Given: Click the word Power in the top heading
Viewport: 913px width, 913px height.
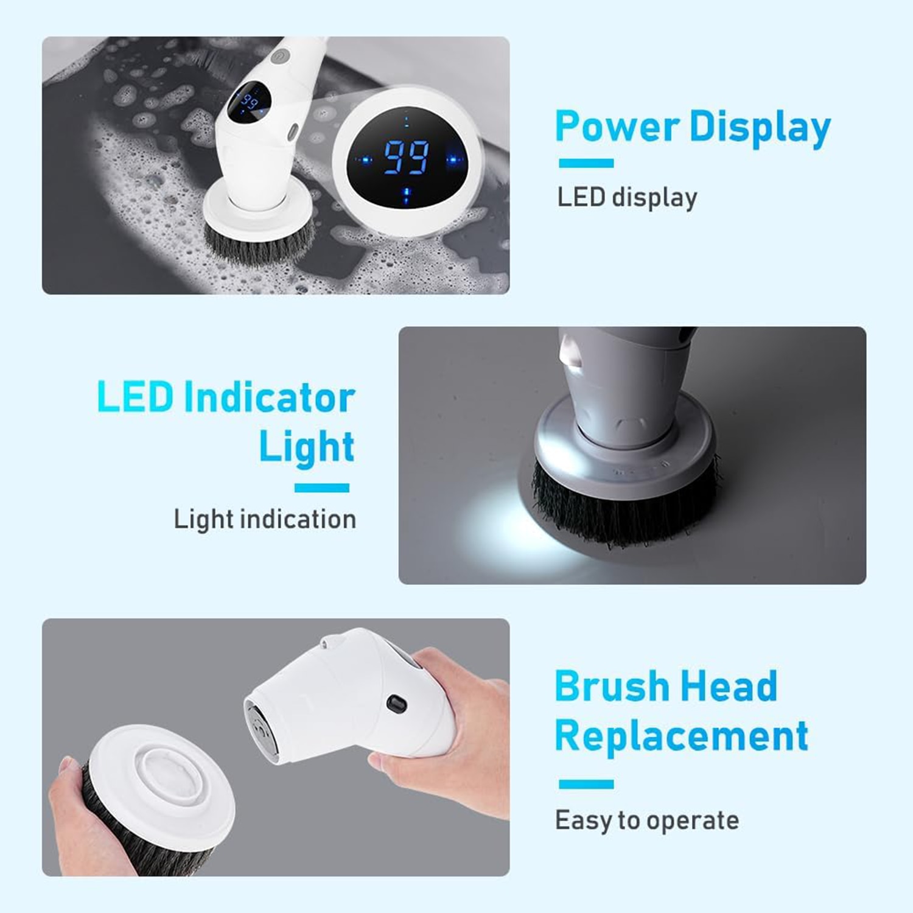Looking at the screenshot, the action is pos(617,127).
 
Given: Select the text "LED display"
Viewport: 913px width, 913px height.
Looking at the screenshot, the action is pos(628,197).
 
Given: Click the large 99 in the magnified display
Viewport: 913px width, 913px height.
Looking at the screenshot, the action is pos(406,158).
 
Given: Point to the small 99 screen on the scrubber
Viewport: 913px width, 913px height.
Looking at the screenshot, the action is pos(249,101).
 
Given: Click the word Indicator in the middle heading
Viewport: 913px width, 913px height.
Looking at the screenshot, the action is pos(269,397).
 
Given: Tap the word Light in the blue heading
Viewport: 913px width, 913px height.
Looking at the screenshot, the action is pos(306,448).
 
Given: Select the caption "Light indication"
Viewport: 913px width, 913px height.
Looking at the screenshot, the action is pos(265,519).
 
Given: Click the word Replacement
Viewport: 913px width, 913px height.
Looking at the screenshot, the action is pos(682,737).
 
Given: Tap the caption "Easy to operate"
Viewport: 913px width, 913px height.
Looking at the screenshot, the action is pos(647,820).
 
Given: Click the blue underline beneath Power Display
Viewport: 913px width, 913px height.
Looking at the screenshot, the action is pos(586,163).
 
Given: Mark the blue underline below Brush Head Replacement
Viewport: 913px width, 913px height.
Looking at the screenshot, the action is pos(586,784).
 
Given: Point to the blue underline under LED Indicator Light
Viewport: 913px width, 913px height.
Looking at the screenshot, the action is pos(321,488).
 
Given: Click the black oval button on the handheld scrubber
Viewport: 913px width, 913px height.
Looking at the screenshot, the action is pos(396,704).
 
